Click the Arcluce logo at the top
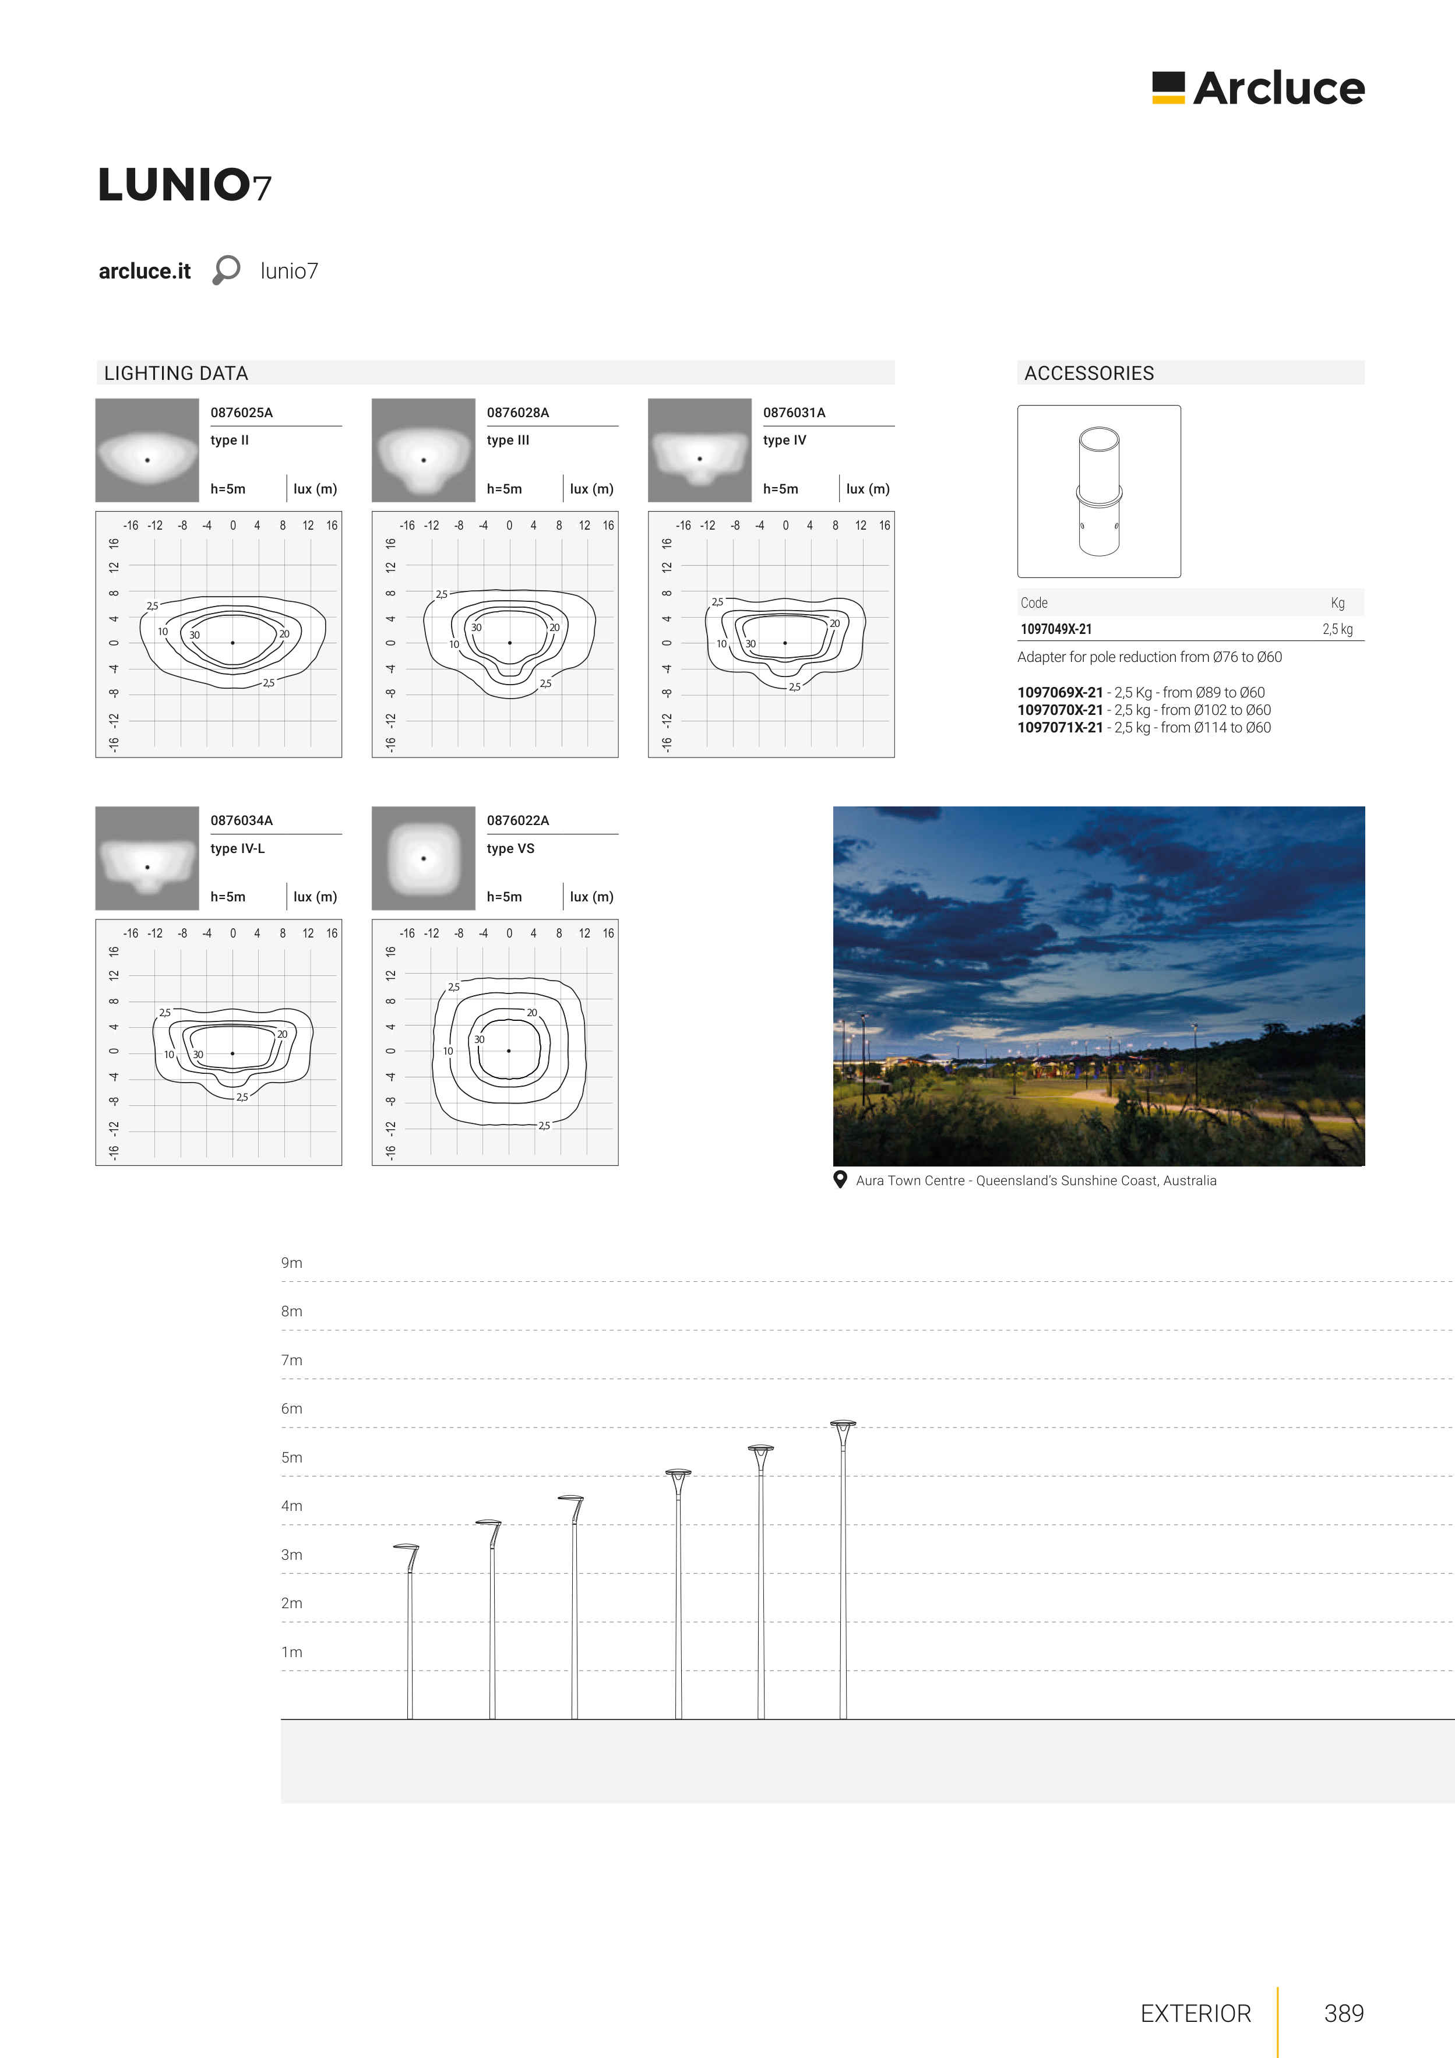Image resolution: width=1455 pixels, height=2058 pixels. [x=1258, y=88]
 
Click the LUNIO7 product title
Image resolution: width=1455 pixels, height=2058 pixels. [x=185, y=185]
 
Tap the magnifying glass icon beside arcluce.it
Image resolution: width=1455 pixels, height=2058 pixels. [x=226, y=270]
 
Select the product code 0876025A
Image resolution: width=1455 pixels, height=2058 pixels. [x=241, y=413]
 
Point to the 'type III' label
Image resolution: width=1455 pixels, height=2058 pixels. [x=508, y=440]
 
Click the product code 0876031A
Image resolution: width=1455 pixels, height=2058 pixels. [x=794, y=413]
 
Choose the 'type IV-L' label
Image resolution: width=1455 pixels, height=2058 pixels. [x=238, y=848]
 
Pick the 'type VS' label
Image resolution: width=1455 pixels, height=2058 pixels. [x=510, y=848]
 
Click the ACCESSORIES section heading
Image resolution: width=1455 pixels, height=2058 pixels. [x=1089, y=373]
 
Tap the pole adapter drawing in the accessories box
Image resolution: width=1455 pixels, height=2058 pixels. [x=1099, y=491]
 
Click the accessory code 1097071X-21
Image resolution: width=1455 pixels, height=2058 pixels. [x=1060, y=728]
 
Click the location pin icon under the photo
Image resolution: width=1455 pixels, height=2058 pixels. [x=840, y=1179]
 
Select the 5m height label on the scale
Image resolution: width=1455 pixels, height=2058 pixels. [x=291, y=1457]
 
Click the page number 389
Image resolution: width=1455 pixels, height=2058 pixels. [x=1344, y=2013]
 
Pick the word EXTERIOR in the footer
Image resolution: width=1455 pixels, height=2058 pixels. [x=1195, y=2013]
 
